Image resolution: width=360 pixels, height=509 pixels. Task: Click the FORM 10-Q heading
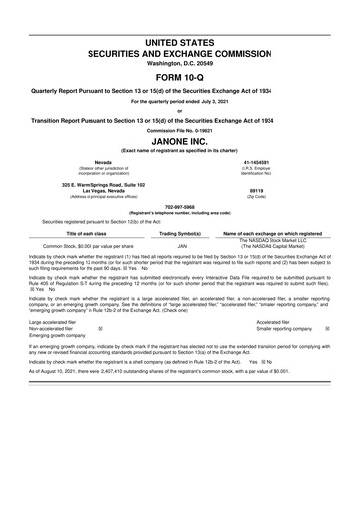[179, 78]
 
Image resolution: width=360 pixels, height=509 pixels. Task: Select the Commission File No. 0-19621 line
[179, 129]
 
